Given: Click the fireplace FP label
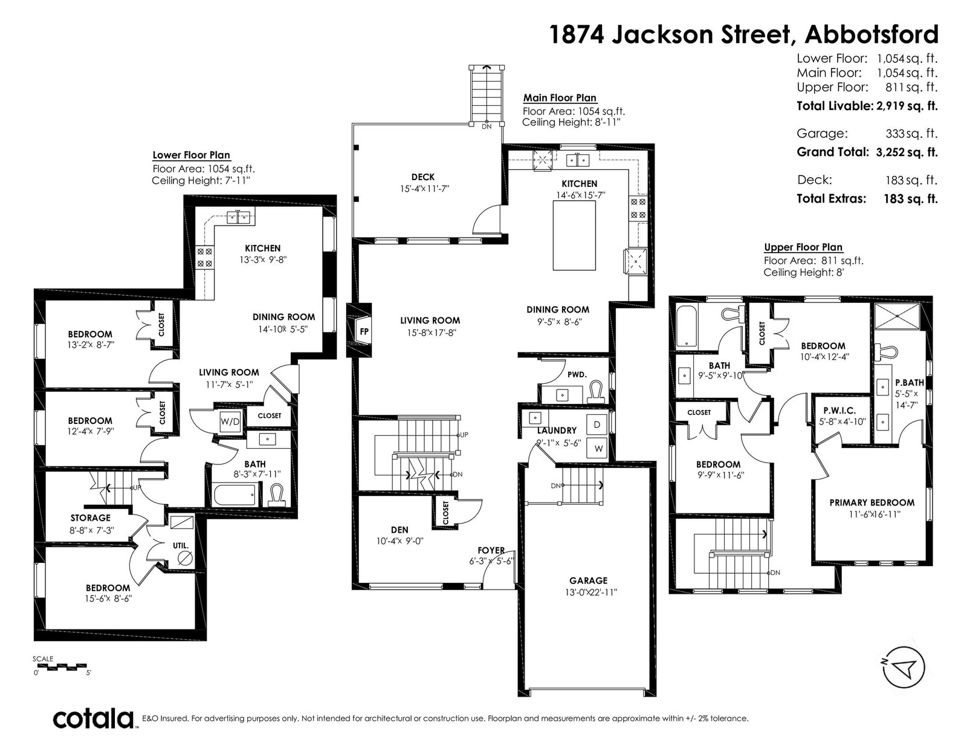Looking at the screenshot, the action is click(364, 332).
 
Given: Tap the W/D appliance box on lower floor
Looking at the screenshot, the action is click(230, 422).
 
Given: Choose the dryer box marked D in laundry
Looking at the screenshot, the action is click(597, 424).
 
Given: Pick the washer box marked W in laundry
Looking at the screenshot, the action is click(597, 448).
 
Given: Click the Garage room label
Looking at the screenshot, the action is click(588, 581).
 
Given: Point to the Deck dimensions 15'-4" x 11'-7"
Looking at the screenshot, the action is click(424, 189).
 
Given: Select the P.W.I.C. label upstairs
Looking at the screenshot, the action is click(839, 411).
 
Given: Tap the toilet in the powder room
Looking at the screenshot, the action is click(596, 392).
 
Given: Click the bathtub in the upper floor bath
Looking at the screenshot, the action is click(687, 327).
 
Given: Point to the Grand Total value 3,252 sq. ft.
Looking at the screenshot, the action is click(907, 152).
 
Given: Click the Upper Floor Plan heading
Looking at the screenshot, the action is click(803, 247).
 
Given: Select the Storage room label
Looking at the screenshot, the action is click(90, 518).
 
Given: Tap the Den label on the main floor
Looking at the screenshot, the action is click(399, 530).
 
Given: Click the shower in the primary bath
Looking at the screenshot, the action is click(897, 316).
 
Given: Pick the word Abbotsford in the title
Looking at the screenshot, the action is click(872, 34).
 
